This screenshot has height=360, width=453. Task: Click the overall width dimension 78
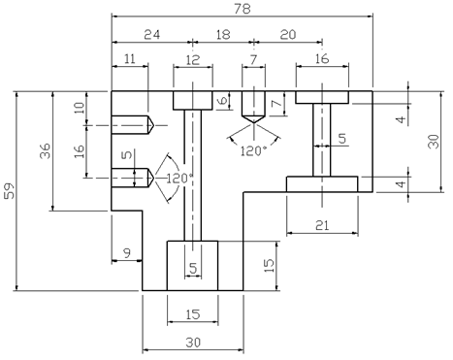pyautogui.click(x=243, y=9)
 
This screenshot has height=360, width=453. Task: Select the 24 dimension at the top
pyautogui.click(x=152, y=34)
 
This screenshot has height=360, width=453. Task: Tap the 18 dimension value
pyautogui.click(x=223, y=34)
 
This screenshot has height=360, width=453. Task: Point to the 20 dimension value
pyautogui.click(x=288, y=34)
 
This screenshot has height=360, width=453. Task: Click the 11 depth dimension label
pyautogui.click(x=130, y=59)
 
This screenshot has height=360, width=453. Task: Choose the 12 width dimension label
pyautogui.click(x=193, y=60)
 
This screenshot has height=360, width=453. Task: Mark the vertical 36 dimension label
pyautogui.click(x=46, y=150)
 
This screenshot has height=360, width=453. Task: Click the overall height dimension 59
pyautogui.click(x=10, y=191)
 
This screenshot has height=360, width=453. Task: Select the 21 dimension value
pyautogui.click(x=322, y=225)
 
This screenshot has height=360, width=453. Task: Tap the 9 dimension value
pyautogui.click(x=127, y=253)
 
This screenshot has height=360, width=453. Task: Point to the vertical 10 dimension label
pyautogui.click(x=79, y=108)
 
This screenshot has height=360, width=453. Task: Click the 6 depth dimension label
pyautogui.click(x=223, y=101)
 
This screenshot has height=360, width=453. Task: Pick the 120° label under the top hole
pyautogui.click(x=253, y=151)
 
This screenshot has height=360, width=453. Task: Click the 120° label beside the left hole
pyautogui.click(x=179, y=179)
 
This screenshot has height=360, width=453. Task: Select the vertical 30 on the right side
pyautogui.click(x=434, y=142)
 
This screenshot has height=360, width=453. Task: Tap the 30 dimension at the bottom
pyautogui.click(x=193, y=343)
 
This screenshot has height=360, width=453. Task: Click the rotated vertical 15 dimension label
pyautogui.click(x=269, y=265)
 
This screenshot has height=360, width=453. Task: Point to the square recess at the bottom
pyautogui.click(x=192, y=266)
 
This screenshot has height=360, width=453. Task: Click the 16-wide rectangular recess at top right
pyautogui.click(x=322, y=97)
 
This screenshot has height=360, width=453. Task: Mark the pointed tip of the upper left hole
pyautogui.click(x=153, y=124)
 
